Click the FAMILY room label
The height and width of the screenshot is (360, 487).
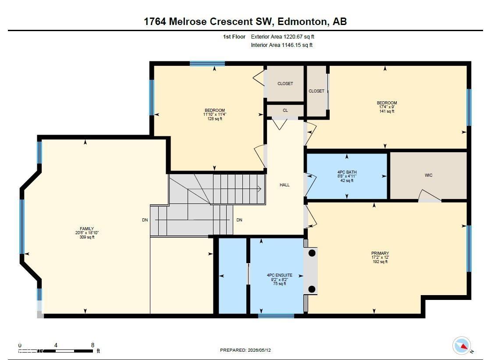pyautogui.click(x=87, y=228)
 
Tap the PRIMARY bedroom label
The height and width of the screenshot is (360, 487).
pyautogui.click(x=380, y=253)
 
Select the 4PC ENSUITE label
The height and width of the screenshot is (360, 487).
pyautogui.click(x=280, y=275)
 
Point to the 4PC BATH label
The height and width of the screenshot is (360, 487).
pyautogui.click(x=347, y=172)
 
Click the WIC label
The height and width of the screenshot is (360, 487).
pyautogui.click(x=429, y=175)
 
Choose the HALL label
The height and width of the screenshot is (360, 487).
pyautogui.click(x=284, y=185)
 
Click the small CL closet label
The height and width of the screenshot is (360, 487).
pyautogui.click(x=285, y=110)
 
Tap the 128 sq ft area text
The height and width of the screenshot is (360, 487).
pyautogui.click(x=215, y=119)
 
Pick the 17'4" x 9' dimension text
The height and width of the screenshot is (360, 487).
pyautogui.click(x=387, y=107)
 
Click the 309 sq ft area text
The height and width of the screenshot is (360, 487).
pyautogui.click(x=87, y=237)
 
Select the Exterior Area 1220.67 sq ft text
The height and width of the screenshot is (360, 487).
pyautogui.click(x=282, y=37)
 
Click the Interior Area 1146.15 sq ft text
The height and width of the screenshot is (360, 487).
pyautogui.click(x=281, y=45)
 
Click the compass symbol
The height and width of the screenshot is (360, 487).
pyautogui.click(x=462, y=346)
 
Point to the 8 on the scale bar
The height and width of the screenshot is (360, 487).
pyautogui.click(x=92, y=345)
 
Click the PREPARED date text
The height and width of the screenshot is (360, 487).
pyautogui.click(x=245, y=350)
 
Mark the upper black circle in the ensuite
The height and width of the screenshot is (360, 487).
pyautogui.click(x=312, y=253)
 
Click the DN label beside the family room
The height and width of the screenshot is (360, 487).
pyautogui.click(x=145, y=220)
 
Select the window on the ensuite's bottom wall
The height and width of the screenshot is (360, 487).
pyautogui.click(x=276, y=316)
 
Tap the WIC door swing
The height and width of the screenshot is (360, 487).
pyautogui.click(x=429, y=196)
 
